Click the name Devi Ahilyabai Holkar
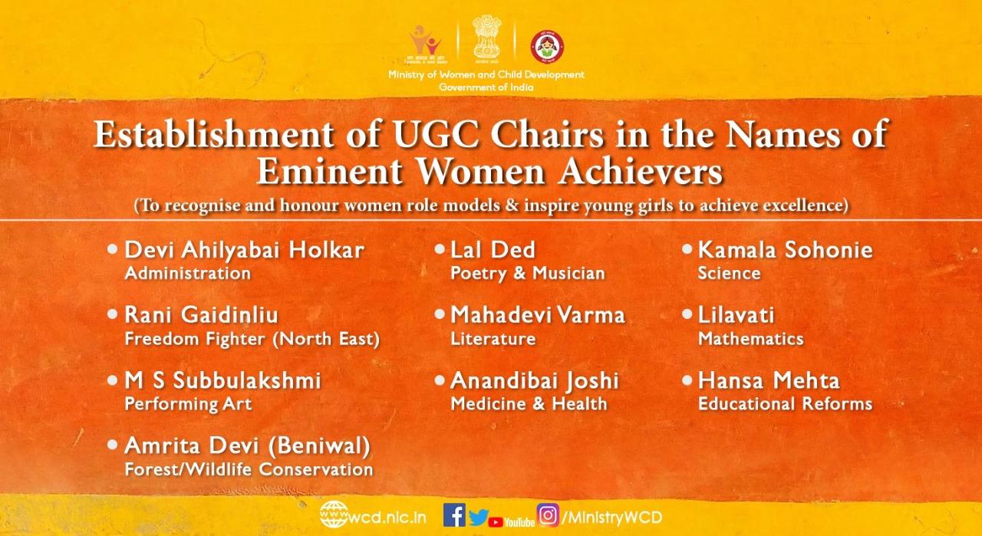(244, 250)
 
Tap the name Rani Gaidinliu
(201, 315)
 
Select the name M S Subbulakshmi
(222, 380)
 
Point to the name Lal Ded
(493, 250)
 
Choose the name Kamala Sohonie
(785, 250)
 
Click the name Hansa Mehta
(769, 380)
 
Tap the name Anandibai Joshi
(535, 381)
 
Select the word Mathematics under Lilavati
(750, 339)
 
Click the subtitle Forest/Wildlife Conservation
(249, 469)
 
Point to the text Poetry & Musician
(527, 274)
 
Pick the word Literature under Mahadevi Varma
(493, 339)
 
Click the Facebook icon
(454, 515)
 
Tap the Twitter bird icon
(478, 518)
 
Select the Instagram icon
(548, 515)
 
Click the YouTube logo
(511, 522)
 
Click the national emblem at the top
(486, 38)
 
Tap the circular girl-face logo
(547, 47)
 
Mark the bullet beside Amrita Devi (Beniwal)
(113, 445)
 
